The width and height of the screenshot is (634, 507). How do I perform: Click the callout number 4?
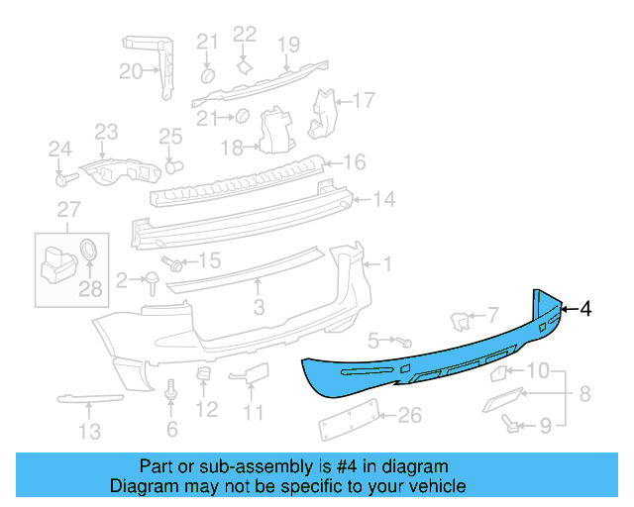pyautogui.click(x=586, y=309)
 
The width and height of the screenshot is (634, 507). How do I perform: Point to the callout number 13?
pyautogui.click(x=89, y=431)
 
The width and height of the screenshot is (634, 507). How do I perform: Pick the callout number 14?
pyautogui.click(x=383, y=199)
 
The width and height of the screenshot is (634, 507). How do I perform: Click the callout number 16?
pyautogui.click(x=354, y=162)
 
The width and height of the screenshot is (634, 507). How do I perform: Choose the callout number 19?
pyautogui.click(x=287, y=44)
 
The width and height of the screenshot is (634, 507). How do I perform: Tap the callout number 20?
pyautogui.click(x=131, y=70)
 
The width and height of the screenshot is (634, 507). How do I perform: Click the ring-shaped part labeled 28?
pyautogui.click(x=88, y=249)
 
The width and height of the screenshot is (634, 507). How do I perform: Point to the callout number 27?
pyautogui.click(x=66, y=209)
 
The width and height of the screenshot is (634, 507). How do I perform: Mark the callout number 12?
pyautogui.click(x=206, y=409)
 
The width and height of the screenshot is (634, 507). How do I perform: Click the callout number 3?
pyautogui.click(x=259, y=308)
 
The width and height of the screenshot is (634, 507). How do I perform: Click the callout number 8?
pyautogui.click(x=583, y=393)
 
